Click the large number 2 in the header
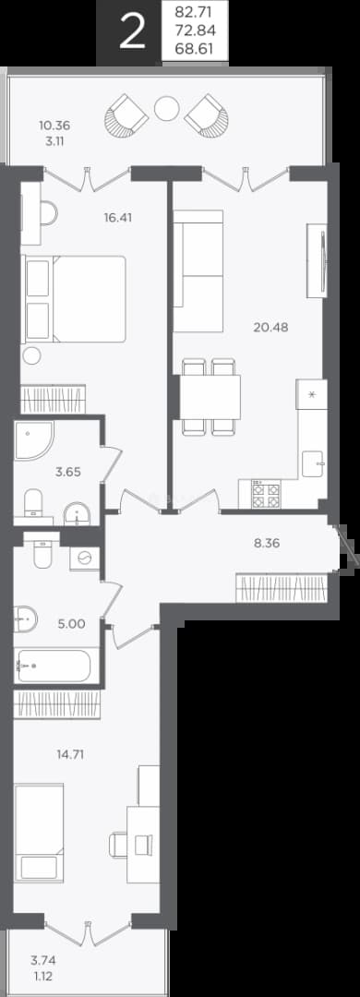pos(132,32)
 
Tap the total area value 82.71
pos(196,11)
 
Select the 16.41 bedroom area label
pos(119,218)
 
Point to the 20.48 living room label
pos(270,327)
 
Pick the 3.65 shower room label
pos(69,473)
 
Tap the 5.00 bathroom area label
pos(71,624)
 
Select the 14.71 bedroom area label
pos(70,755)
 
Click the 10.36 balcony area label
pos(54,125)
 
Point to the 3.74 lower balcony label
pos(43,961)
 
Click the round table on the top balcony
pos(167,109)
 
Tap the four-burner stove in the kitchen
pos(266,494)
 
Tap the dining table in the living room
pos(210,397)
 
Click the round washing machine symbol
pos(85,559)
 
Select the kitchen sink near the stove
pos(314,462)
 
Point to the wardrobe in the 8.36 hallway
pos(282,587)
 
